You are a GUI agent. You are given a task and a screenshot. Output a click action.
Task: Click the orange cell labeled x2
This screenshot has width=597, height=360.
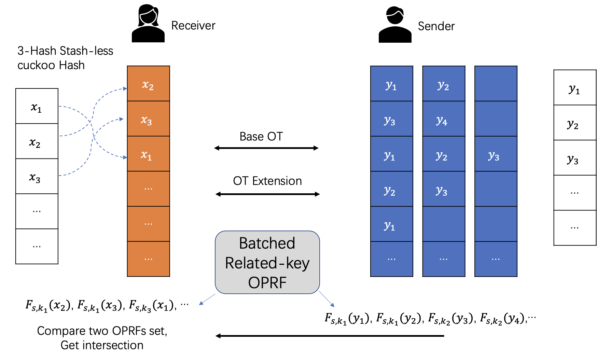click(x=148, y=84)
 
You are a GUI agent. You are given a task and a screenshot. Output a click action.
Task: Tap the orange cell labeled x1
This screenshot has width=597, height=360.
click(x=148, y=154)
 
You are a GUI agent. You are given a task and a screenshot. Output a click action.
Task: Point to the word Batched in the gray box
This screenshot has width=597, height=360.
click(x=267, y=244)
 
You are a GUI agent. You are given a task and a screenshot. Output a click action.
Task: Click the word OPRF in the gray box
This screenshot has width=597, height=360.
click(x=267, y=283)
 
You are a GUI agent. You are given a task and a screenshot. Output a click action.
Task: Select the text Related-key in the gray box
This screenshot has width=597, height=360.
click(x=267, y=263)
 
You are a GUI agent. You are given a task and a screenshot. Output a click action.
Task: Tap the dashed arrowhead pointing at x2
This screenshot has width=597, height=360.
click(x=125, y=88)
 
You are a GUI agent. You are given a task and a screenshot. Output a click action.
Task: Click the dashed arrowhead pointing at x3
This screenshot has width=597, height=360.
click(x=121, y=119)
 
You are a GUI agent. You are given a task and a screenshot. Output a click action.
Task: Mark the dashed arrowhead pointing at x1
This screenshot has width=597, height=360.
click(x=125, y=157)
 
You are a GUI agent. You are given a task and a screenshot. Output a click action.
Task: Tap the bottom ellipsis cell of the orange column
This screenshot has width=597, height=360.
click(x=148, y=259)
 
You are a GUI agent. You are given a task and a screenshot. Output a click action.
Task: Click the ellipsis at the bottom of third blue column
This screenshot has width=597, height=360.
click(x=496, y=259)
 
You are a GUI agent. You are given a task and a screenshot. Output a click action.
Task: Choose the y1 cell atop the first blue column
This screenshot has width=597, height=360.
click(x=391, y=84)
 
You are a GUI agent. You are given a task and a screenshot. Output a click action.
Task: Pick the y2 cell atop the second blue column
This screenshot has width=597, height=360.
click(x=443, y=84)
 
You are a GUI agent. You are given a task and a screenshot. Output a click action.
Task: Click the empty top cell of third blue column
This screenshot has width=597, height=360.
click(x=496, y=84)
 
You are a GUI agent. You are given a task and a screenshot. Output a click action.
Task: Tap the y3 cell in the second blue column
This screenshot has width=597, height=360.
click(x=443, y=189)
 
